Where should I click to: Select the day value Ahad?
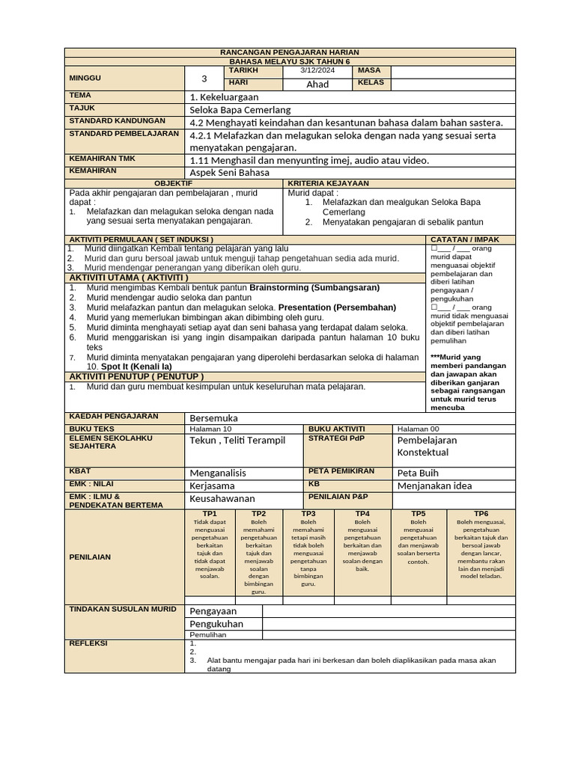point(317,84)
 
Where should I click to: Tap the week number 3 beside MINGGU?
point(204,79)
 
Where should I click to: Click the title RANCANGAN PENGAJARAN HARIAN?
point(289,52)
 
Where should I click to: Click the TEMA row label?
point(80,96)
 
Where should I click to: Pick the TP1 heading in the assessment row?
point(210,514)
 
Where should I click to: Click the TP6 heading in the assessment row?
point(481,514)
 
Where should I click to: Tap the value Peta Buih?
point(417,473)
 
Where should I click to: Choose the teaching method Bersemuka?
point(213,418)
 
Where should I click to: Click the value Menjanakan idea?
point(434,485)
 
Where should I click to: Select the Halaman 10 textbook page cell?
point(211,429)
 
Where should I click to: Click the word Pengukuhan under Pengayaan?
point(216,624)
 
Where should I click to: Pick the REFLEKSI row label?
point(88,643)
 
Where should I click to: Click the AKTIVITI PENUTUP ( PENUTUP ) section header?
point(136,376)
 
